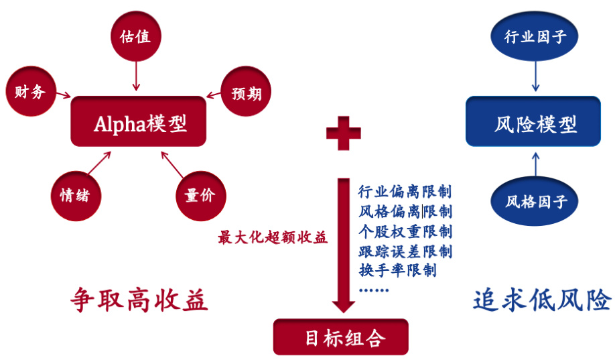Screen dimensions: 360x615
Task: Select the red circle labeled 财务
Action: [29, 91]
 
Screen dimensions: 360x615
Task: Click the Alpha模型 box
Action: [139, 122]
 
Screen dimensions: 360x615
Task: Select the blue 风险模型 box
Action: [533, 122]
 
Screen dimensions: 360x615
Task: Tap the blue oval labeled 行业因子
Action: [535, 36]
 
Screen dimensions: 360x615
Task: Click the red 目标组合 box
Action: [340, 337]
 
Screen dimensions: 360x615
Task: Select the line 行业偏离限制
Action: [405, 191]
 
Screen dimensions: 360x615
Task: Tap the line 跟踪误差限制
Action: [405, 251]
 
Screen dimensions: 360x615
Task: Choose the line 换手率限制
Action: [398, 271]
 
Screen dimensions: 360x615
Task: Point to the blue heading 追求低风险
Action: [541, 300]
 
